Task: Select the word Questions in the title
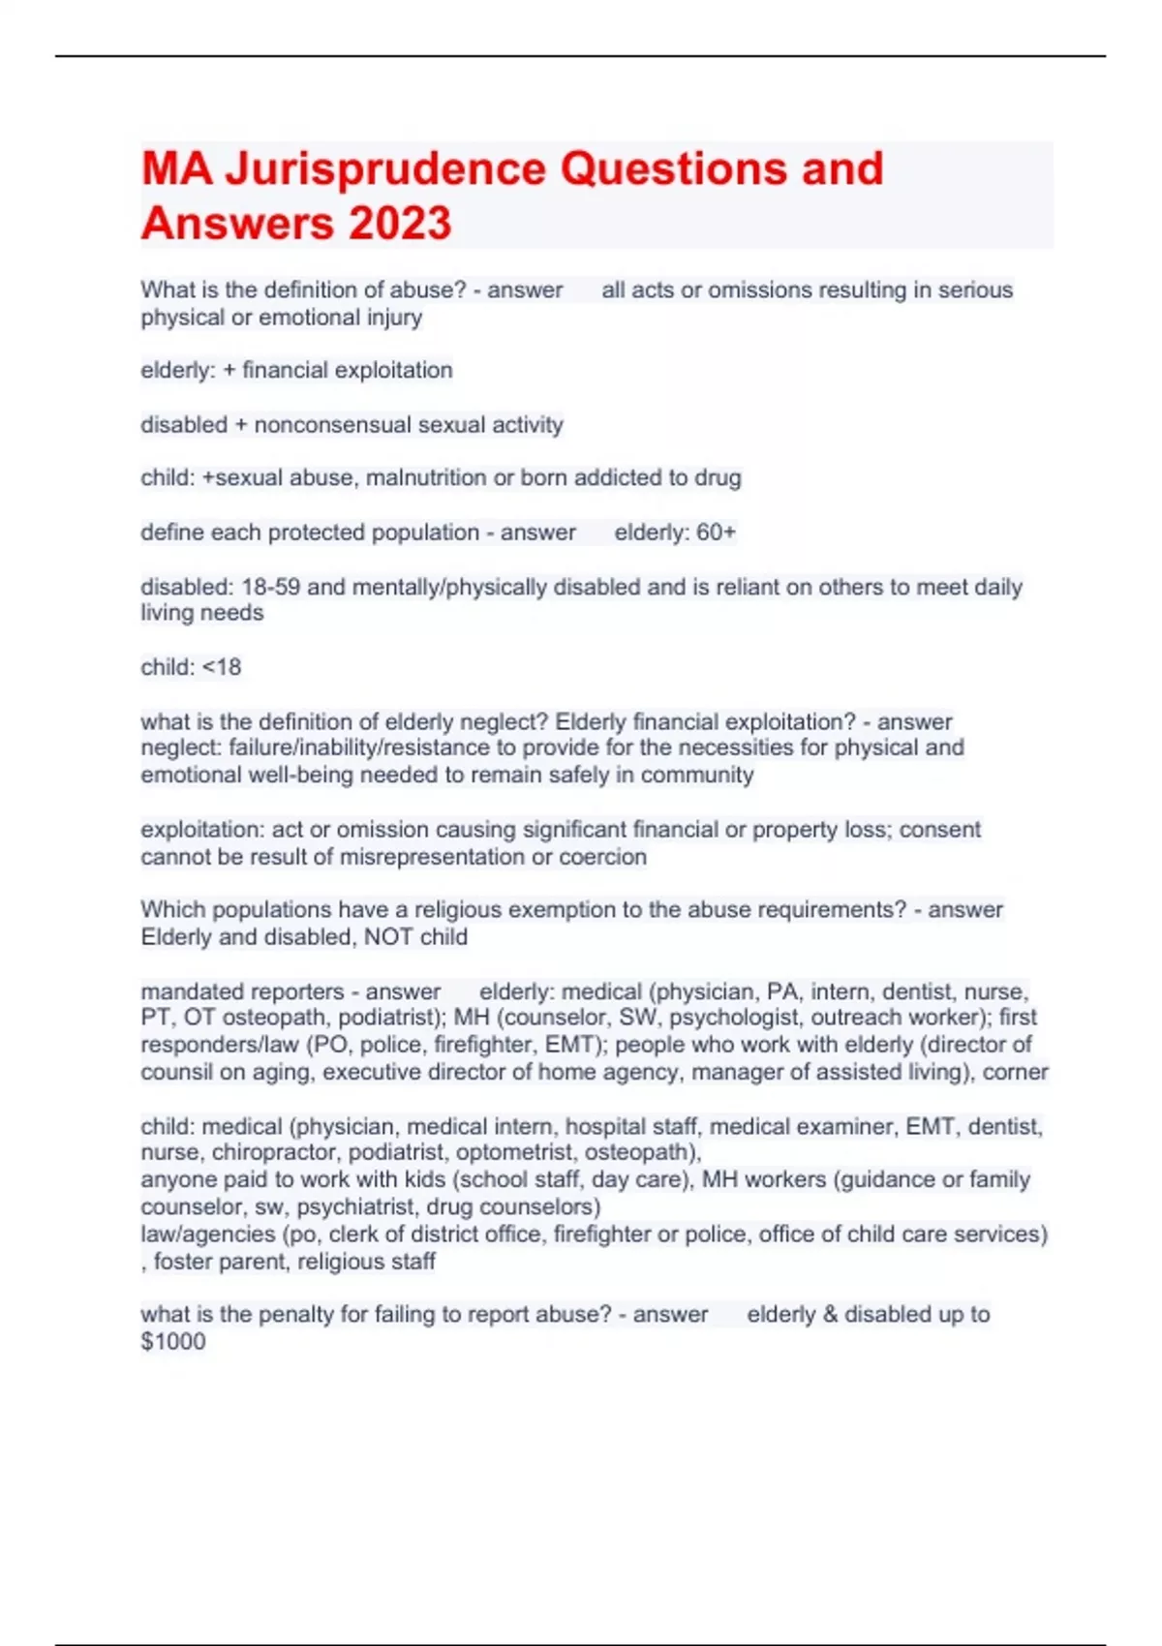tap(673, 169)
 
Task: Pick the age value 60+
tap(716, 533)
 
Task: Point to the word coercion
tap(602, 857)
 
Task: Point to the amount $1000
tap(173, 1342)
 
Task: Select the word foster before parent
tap(183, 1262)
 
